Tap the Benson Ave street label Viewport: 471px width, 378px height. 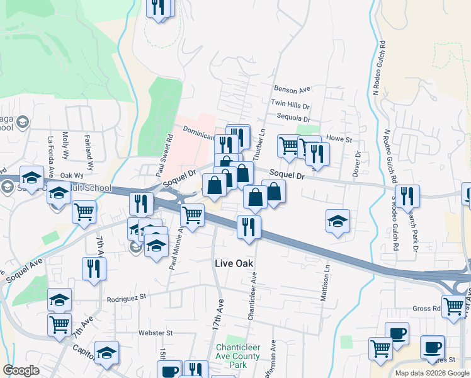(x=292, y=89)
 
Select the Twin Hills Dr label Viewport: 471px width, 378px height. (x=290, y=104)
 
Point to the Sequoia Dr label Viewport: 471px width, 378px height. (x=293, y=118)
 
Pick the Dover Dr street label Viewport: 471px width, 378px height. (x=357, y=163)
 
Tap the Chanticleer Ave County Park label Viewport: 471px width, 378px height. (x=238, y=356)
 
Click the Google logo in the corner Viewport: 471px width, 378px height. (x=21, y=370)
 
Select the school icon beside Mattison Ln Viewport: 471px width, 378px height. (x=338, y=221)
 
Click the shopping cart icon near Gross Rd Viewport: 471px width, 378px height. (x=453, y=306)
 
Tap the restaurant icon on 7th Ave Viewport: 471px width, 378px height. (x=94, y=268)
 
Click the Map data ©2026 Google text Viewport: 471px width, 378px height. (x=431, y=373)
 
